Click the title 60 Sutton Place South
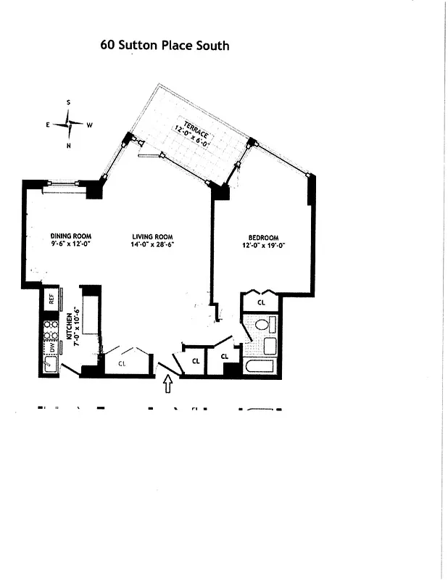165,46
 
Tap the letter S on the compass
69,103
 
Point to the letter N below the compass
69,146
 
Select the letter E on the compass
49,125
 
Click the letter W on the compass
90,125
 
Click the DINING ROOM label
70,236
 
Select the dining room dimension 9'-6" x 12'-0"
70,244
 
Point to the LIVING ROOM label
153,236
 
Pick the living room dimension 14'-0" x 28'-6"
153,244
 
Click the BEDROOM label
263,237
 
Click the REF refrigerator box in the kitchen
51,297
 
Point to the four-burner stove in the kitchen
51,330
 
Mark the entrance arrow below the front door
168,384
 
